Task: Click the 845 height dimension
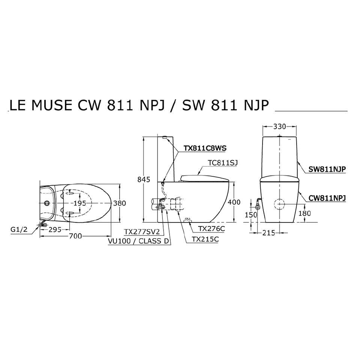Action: [x=144, y=180]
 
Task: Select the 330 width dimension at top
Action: [x=279, y=126]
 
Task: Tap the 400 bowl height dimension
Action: [x=234, y=202]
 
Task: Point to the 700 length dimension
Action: [x=75, y=236]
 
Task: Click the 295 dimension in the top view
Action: [x=55, y=229]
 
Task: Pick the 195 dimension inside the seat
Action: [x=80, y=203]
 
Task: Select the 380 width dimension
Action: [x=120, y=203]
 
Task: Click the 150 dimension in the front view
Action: [x=251, y=215]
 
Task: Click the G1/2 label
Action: [x=18, y=229]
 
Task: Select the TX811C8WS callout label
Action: [x=205, y=148]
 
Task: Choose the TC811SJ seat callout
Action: [x=223, y=162]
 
